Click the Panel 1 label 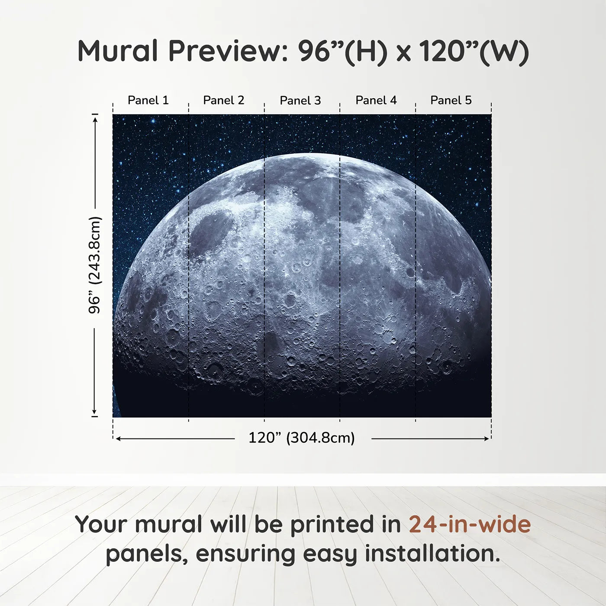148,100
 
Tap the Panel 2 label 224,100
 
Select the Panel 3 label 300,100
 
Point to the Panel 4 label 376,100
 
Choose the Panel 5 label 451,100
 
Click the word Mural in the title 118,51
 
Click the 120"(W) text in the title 474,51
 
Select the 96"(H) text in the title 342,51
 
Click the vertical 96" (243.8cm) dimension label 94,265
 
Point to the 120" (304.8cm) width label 302,438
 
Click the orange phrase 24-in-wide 470,524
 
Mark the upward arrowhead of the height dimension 95,118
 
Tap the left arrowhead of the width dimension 118,439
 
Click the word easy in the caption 330,554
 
